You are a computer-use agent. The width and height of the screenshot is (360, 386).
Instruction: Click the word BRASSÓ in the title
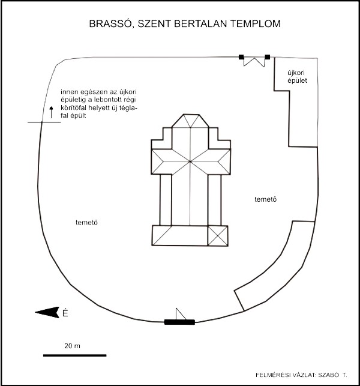pos(107,24)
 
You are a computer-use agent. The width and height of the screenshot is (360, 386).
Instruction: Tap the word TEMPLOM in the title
pos(254,24)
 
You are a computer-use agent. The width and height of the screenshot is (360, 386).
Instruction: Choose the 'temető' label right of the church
pos(265,198)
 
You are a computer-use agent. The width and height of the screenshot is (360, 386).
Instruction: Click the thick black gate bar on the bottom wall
pos(179,322)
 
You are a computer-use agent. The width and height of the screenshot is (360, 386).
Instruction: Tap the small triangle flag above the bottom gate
pos(179,313)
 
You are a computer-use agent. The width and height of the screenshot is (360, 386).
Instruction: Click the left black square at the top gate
pos(241,57)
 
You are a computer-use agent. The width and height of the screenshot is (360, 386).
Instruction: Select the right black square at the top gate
pos(268,57)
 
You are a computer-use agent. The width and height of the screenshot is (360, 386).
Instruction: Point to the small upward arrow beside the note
pos(51,110)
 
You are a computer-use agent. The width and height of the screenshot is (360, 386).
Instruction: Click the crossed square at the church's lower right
pos(218,235)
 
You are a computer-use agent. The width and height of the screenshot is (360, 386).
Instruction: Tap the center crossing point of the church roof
pos(190,161)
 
